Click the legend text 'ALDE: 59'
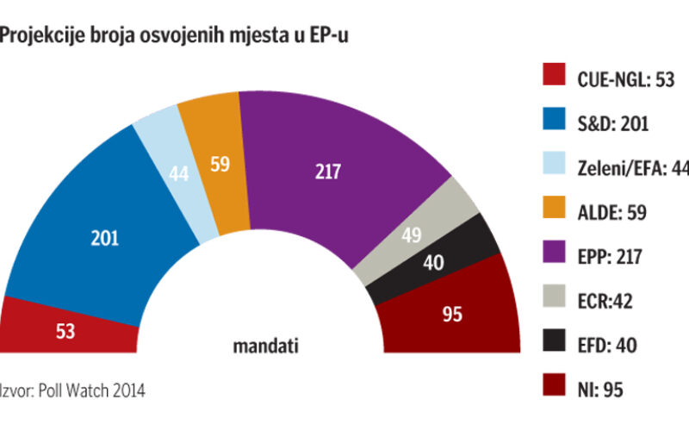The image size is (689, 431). click(611, 212)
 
